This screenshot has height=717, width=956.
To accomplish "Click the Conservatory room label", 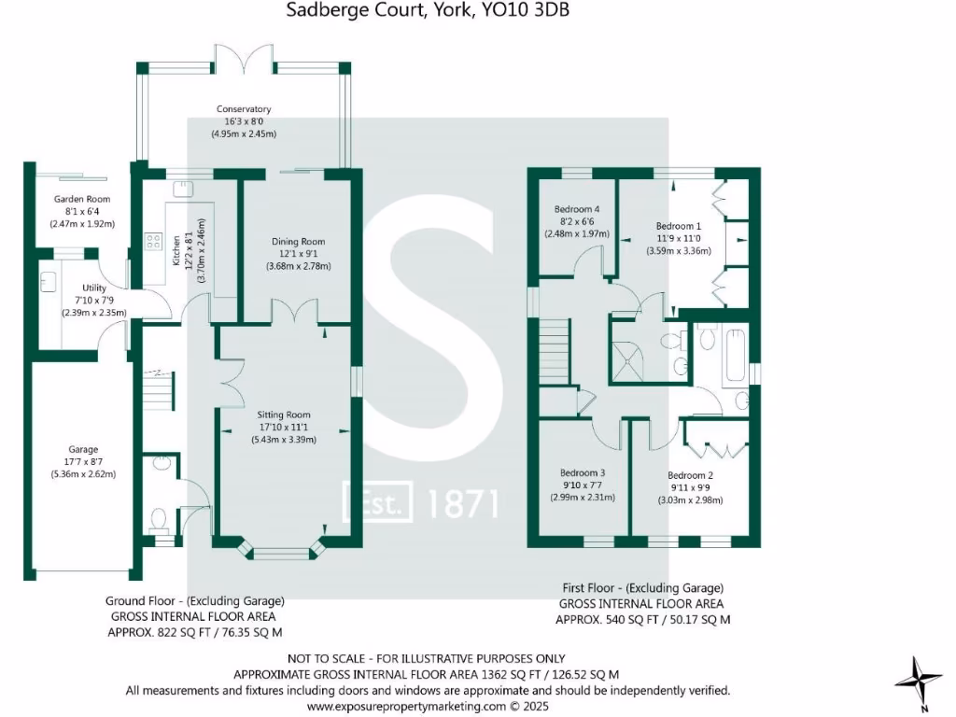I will pos(244,109).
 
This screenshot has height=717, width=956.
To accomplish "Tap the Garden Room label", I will pos(81,199).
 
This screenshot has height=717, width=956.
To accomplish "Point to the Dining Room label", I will pos(299,242).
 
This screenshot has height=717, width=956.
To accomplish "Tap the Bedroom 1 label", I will pos(678,226).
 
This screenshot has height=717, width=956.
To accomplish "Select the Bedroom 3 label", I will pos(583,472).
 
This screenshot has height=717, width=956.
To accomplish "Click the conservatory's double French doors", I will pos(244,58).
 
